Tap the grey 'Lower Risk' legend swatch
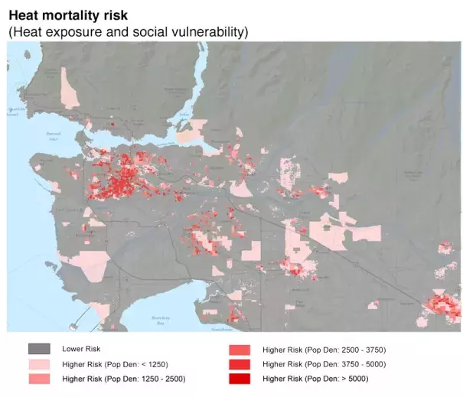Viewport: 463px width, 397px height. pyautogui.click(x=39, y=349)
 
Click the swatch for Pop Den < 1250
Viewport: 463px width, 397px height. pyautogui.click(x=39, y=363)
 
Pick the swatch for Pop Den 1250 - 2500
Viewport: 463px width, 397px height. pyautogui.click(x=39, y=378)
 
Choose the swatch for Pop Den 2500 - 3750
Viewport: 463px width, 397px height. pyautogui.click(x=240, y=349)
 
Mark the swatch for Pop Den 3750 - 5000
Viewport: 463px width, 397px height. pyautogui.click(x=240, y=363)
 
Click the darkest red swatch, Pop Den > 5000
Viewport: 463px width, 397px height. pyautogui.click(x=240, y=378)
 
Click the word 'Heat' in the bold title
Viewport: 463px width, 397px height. pyautogui.click(x=23, y=15)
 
